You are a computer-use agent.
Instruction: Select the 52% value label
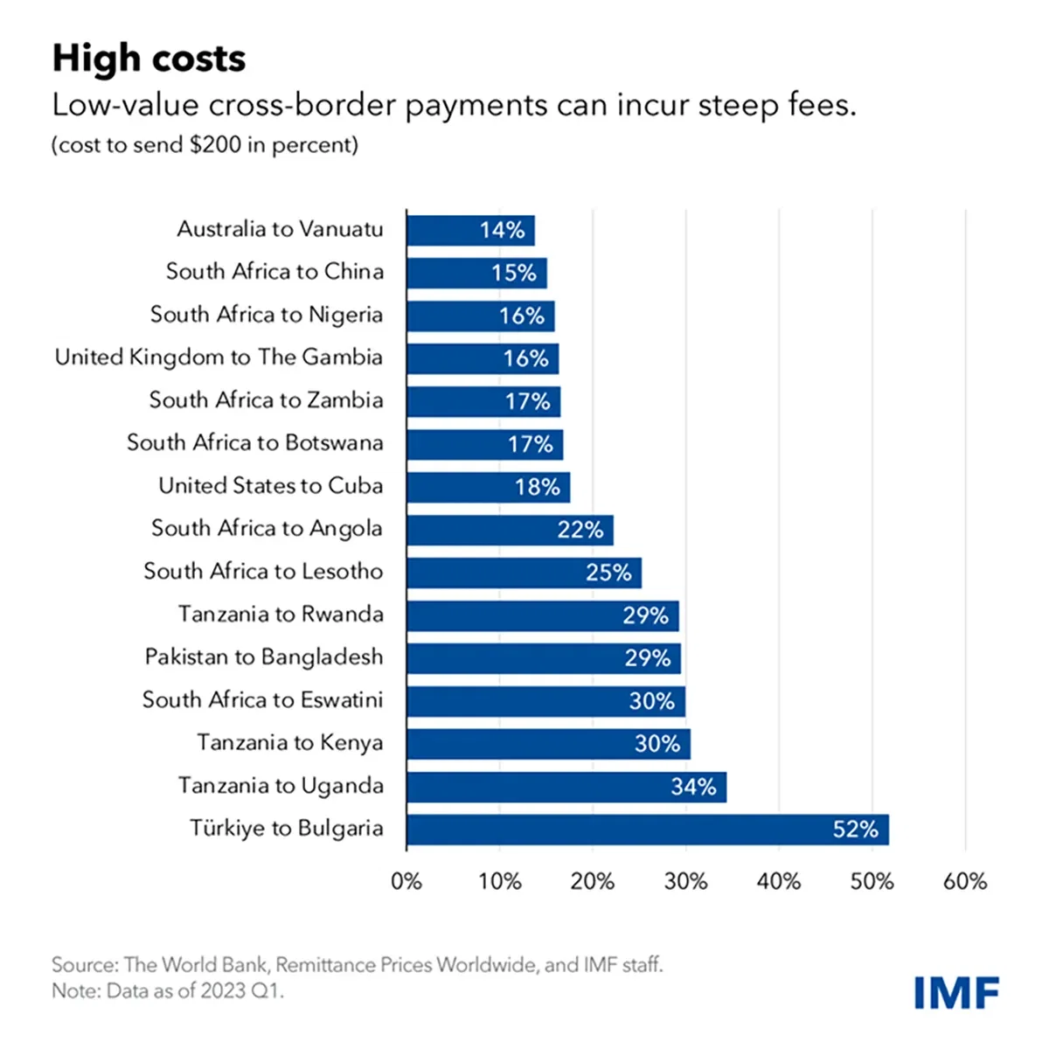point(854,830)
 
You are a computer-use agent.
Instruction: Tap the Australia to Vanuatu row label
point(280,229)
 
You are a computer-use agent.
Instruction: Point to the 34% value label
point(692,787)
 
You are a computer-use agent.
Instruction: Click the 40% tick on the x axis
point(778,881)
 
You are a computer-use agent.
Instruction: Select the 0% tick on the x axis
point(406,881)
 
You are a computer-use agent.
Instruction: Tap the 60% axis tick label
point(964,881)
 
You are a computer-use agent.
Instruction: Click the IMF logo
point(956,993)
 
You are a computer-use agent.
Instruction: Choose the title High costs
point(149,59)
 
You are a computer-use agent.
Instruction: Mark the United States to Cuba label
point(270,486)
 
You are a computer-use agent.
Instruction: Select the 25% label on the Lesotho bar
point(608,573)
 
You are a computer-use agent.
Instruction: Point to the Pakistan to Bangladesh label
point(263,657)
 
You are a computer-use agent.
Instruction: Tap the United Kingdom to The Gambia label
point(219,358)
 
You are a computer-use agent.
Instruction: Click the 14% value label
point(502,231)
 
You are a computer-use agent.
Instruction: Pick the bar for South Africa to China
point(476,273)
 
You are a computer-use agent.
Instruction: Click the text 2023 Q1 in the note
point(237,990)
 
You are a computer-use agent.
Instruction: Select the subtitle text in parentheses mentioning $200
point(205,145)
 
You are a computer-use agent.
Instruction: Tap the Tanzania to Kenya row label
point(289,743)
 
